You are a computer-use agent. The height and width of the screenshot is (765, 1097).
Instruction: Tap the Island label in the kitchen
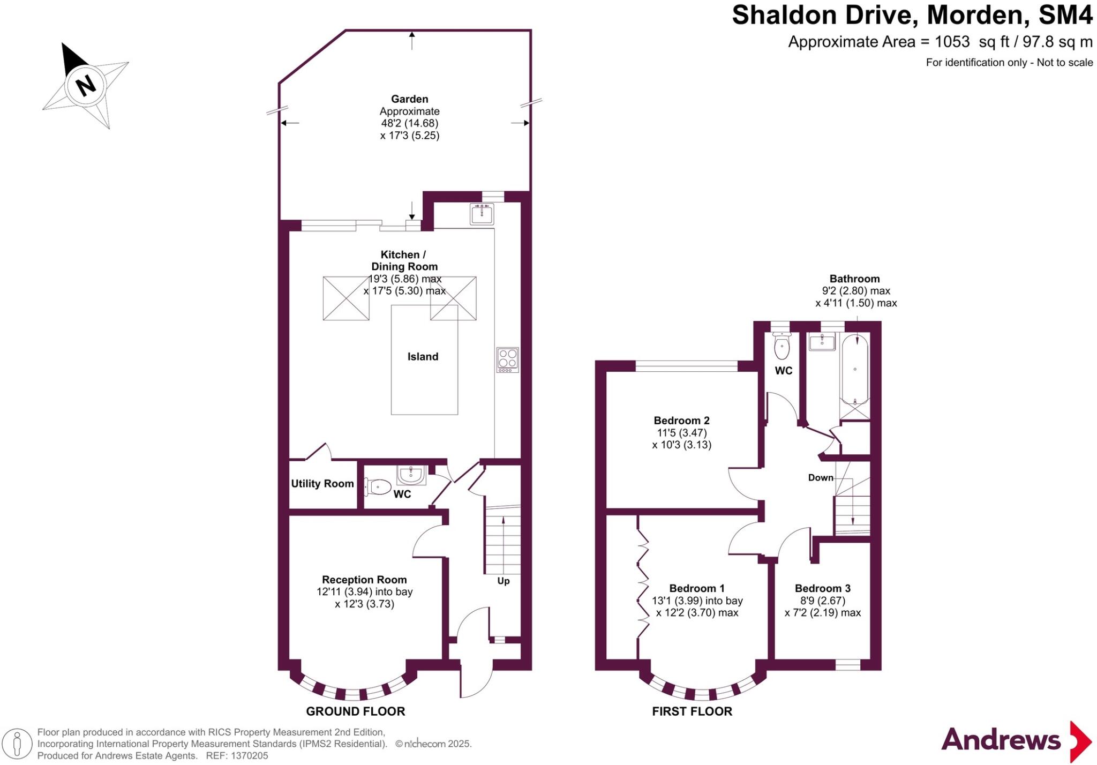423,357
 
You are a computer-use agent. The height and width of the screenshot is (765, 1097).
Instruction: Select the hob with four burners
507,359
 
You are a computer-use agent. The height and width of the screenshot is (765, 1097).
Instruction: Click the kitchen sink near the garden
482,214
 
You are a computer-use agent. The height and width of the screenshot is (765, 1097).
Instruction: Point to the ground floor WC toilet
378,487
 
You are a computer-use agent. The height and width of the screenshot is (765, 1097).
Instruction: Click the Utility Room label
322,484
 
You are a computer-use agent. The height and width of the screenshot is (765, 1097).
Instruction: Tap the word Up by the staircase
504,581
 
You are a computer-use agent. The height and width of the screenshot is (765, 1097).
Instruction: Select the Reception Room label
364,580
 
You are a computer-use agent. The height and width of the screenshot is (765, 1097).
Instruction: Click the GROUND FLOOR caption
355,711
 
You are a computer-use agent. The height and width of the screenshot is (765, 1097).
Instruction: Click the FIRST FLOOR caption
692,711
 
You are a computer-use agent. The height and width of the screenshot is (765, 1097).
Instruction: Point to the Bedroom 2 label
681,421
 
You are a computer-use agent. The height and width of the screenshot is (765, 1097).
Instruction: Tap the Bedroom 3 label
822,588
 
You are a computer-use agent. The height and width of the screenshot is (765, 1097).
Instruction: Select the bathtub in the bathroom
855,370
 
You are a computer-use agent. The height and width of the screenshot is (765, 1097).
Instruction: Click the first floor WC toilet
782,348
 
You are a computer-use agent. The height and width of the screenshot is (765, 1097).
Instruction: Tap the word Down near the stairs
821,478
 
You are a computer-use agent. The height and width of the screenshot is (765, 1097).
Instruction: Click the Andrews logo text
1001,740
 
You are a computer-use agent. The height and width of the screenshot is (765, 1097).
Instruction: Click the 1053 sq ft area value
953,42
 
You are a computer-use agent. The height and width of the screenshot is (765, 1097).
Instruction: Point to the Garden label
409,99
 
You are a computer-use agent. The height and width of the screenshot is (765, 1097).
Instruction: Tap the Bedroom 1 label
697,588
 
